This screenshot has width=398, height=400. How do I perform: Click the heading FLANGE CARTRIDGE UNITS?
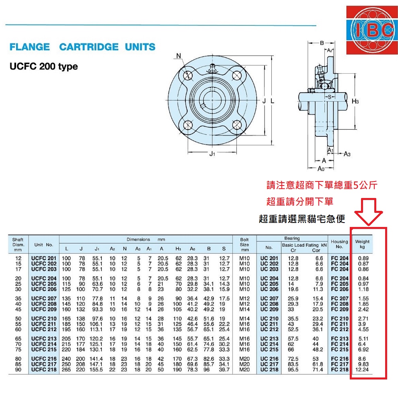[x=82, y=47]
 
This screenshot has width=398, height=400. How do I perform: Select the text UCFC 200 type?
[x=43, y=66]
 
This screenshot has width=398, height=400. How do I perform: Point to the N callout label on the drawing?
[x=178, y=56]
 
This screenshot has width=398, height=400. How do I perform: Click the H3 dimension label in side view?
[x=355, y=102]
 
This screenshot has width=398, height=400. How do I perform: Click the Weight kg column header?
[x=362, y=244]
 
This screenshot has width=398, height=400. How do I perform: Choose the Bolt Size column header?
[x=244, y=244]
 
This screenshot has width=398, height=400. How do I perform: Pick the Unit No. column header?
[x=44, y=244]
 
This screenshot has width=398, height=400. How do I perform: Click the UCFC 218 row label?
[x=44, y=369]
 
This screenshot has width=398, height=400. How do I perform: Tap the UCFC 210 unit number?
[x=44, y=318]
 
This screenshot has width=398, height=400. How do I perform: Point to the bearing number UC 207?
[x=269, y=299]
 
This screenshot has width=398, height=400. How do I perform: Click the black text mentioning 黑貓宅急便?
[x=302, y=219]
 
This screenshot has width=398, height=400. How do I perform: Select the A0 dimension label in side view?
[x=321, y=168]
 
